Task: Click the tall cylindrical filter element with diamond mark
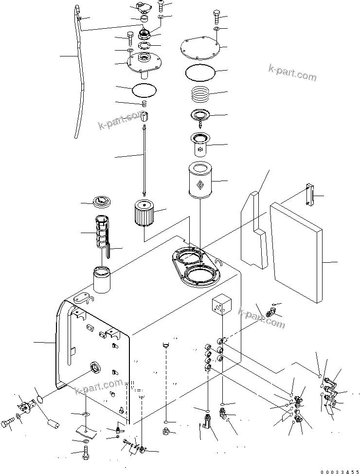[200, 181]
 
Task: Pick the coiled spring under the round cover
[201, 93]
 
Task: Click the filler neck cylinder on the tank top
[102, 280]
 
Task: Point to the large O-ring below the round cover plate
[200, 73]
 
